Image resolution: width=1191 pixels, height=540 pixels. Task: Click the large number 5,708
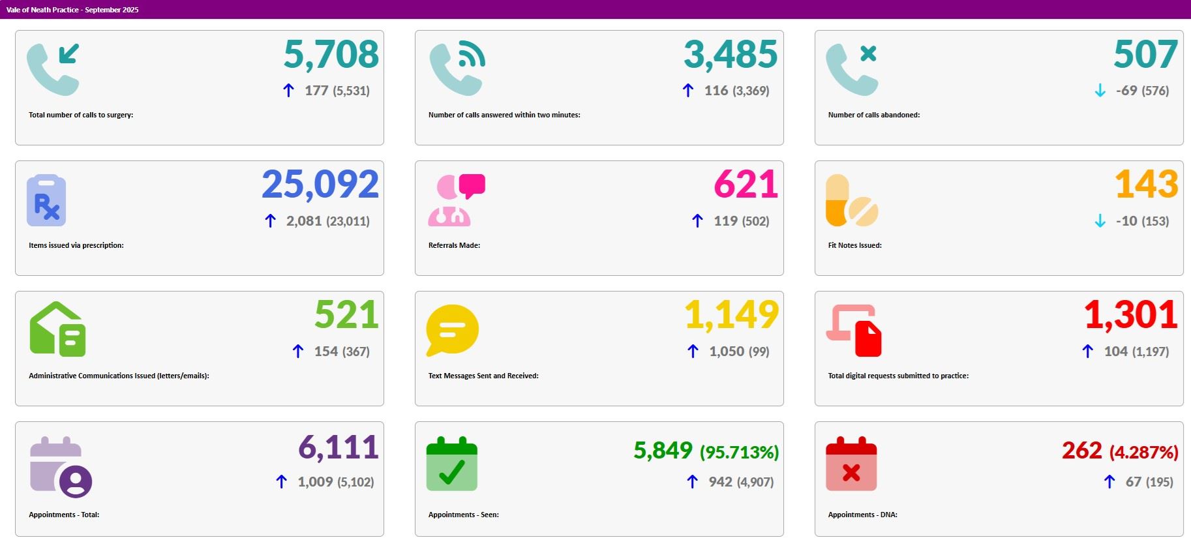point(331,54)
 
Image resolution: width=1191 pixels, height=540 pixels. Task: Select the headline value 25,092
point(320,185)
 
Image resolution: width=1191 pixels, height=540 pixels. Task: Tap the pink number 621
point(746,185)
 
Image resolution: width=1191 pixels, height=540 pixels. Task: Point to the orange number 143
point(1146,185)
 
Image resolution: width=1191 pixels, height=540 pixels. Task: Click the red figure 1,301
point(1130,315)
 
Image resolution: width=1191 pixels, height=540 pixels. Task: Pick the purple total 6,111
point(338,448)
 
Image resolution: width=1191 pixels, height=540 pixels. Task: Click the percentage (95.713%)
point(739,452)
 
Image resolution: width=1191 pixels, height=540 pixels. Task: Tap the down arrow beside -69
point(1100,91)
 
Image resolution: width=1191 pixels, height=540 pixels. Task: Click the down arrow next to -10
point(1100,221)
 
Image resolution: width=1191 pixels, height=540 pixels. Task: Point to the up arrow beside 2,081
point(270,221)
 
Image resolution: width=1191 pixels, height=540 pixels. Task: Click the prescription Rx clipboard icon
point(46,200)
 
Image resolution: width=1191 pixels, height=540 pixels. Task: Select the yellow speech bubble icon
point(452,330)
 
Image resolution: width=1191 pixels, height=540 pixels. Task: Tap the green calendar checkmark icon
point(451,464)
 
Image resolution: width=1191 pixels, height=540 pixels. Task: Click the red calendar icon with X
point(851,464)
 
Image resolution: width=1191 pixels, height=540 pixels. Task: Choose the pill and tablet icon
point(851,201)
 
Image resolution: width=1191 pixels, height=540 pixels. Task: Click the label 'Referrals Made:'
point(454,245)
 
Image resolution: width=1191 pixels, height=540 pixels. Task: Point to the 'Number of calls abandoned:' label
point(873,115)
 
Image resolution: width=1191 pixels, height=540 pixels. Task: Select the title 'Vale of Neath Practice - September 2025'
point(72,10)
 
